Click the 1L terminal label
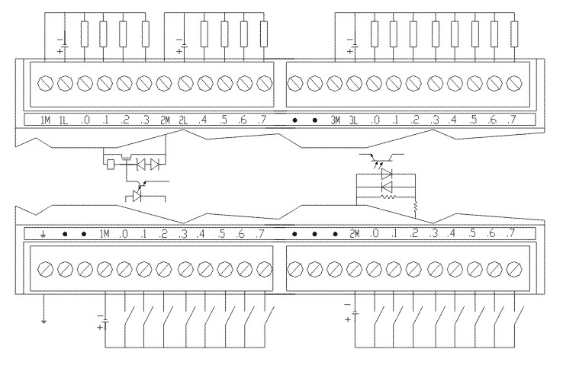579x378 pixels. pos(64,120)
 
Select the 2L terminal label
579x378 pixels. pos(183,120)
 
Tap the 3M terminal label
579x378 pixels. pos(335,120)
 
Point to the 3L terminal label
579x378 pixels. pos(354,120)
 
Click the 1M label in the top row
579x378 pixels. pos(45,120)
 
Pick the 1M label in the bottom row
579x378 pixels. pos(104,234)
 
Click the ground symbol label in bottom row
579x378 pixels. pos(44,234)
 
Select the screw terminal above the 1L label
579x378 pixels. pos(64,82)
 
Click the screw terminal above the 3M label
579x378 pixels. pos(335,82)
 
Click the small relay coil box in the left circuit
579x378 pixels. pos(112,164)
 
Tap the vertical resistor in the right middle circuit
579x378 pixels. pos(416,206)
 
